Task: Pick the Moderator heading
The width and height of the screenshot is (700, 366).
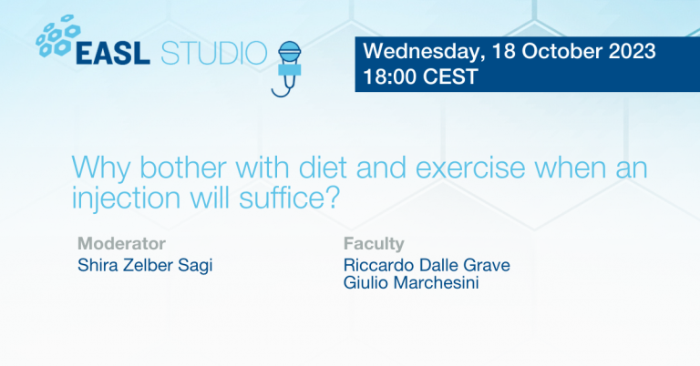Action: [121, 244]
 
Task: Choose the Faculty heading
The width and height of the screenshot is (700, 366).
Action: [374, 244]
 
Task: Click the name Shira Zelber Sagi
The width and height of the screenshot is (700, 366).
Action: [139, 265]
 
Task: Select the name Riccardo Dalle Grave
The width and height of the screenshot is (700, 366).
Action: [427, 265]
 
